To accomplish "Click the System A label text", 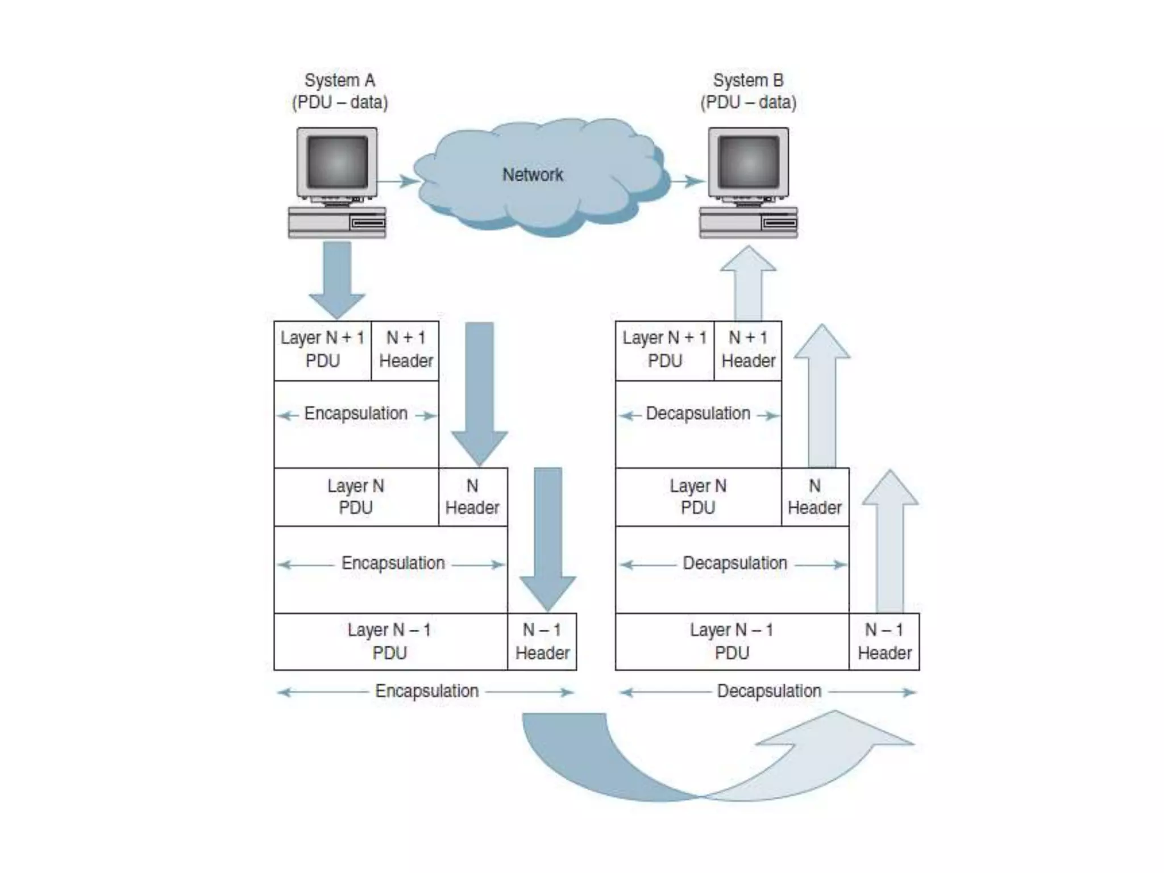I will (x=340, y=81).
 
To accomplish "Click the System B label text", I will (x=748, y=81).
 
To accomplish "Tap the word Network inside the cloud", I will (x=533, y=174).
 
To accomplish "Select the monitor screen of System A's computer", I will (x=337, y=162).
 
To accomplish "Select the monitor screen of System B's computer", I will (x=748, y=162).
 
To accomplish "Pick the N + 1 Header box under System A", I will (x=405, y=350).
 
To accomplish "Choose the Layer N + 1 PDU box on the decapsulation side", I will (x=664, y=350).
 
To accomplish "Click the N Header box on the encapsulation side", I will (x=472, y=497).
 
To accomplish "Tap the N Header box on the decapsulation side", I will (x=814, y=497).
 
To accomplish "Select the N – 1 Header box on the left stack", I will (x=542, y=642).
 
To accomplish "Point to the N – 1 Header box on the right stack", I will (x=884, y=642).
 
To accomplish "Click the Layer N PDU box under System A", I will (x=356, y=497).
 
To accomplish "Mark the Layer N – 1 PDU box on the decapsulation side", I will (x=731, y=642).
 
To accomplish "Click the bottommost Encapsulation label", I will (x=427, y=691).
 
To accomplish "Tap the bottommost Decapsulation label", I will (x=769, y=691).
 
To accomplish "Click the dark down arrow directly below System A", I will (x=337, y=278).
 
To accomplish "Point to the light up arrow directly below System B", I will (x=748, y=284).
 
